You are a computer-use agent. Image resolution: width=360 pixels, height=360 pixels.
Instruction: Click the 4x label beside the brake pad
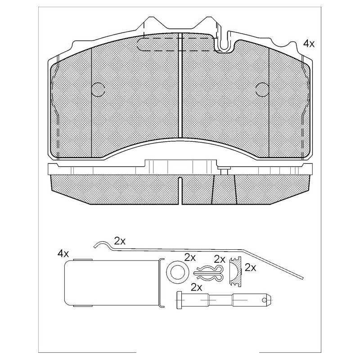[309, 43]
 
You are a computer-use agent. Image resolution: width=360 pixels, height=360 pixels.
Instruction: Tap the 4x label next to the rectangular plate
[63, 253]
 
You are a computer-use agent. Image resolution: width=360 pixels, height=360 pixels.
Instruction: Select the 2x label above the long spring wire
[120, 241]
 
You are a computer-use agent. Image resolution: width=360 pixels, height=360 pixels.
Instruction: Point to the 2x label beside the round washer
[190, 258]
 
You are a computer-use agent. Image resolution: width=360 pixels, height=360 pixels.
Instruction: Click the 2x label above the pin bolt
[197, 287]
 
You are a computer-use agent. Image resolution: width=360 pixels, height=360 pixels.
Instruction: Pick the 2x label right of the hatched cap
[251, 267]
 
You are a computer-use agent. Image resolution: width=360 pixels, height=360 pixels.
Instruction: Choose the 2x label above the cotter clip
[220, 259]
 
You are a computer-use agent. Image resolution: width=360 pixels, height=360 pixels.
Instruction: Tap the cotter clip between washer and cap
[208, 273]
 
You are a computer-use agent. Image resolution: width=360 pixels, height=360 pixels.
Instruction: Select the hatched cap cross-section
[236, 271]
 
